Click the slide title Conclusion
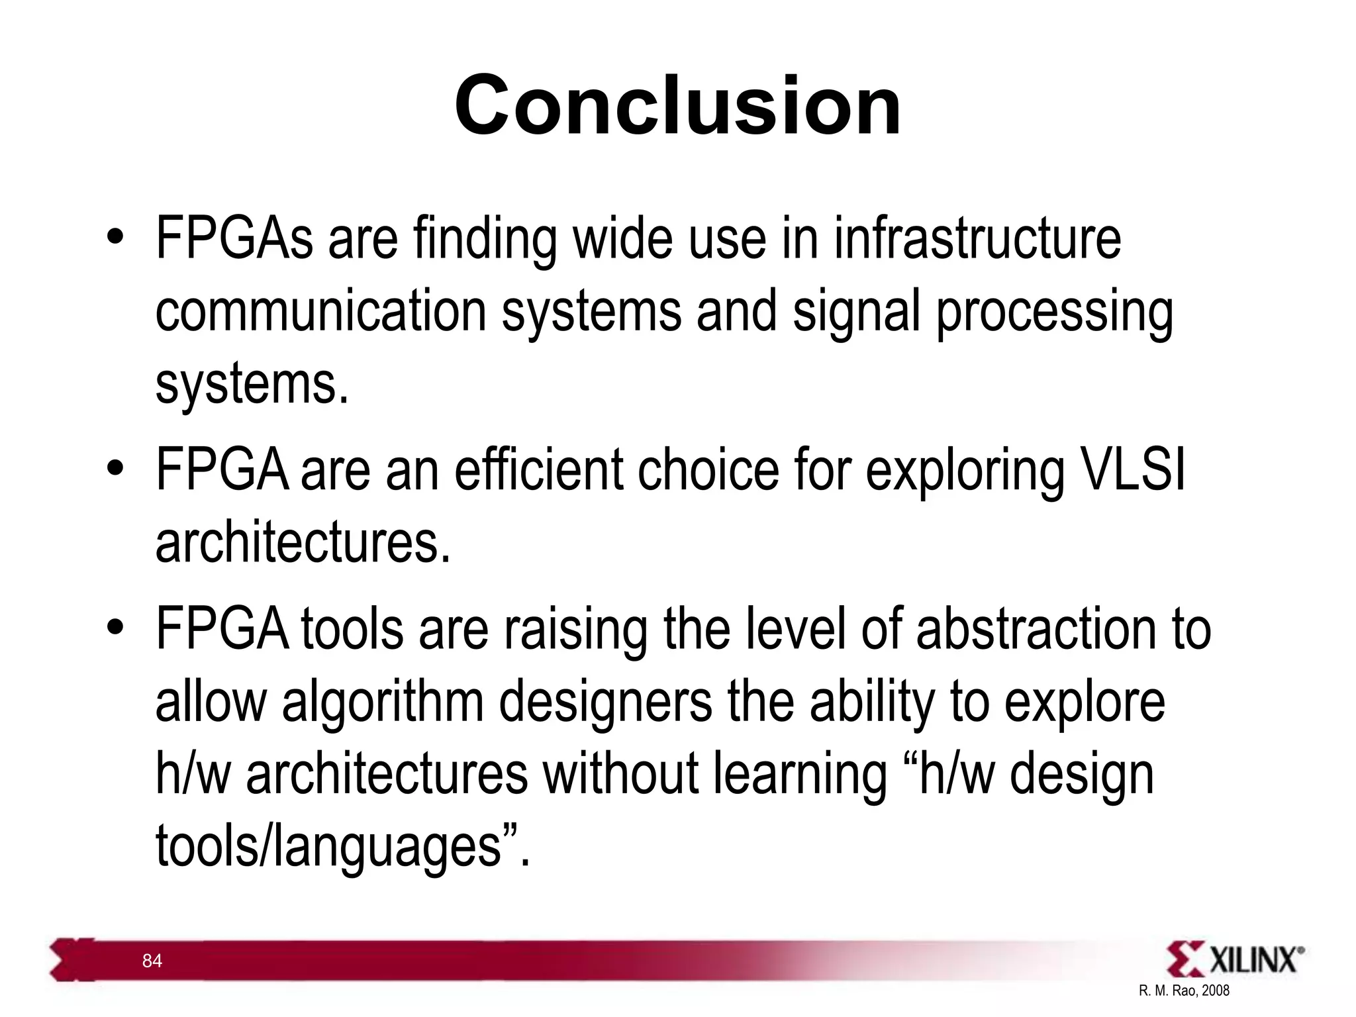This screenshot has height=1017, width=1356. tap(677, 106)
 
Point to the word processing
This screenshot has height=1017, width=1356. tap(1054, 313)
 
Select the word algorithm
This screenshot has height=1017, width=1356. tap(383, 702)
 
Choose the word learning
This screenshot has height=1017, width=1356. tap(800, 775)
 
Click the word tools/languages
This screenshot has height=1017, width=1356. tap(328, 847)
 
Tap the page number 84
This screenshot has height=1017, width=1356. tap(152, 961)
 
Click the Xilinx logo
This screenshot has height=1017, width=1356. tap(1235, 959)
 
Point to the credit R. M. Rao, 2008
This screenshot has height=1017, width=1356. tap(1184, 991)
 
